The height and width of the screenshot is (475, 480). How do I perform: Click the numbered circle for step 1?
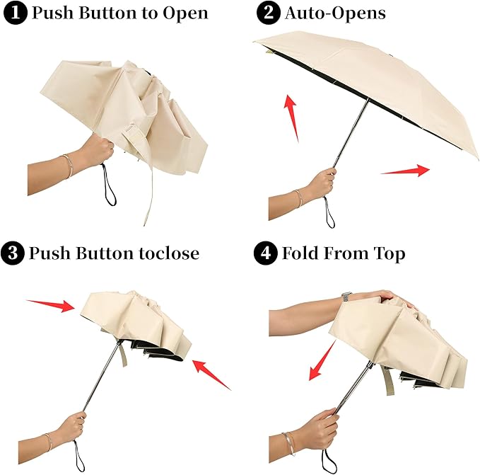(x=13, y=13)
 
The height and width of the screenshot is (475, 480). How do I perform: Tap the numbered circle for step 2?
(x=267, y=13)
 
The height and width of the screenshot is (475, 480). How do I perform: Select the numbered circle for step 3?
(x=13, y=253)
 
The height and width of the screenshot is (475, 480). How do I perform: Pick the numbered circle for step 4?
(x=267, y=253)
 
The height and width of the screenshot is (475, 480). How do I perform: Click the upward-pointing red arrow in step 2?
(x=291, y=116)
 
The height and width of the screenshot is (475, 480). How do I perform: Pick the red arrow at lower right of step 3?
(x=212, y=373)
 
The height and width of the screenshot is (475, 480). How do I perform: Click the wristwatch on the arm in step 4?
(x=346, y=296)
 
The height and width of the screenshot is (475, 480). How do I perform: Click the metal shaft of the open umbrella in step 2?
(x=352, y=131)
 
